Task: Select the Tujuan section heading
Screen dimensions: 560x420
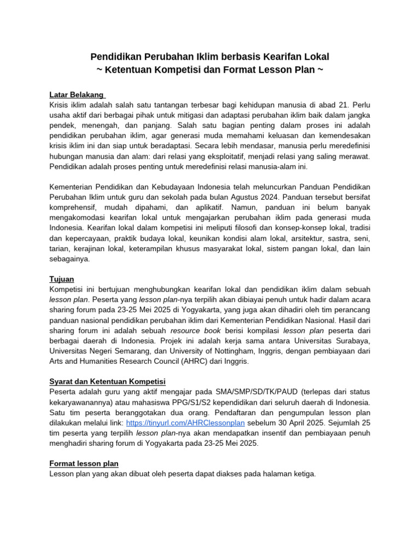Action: click(62, 279)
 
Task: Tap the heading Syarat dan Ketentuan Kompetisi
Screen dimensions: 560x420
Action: click(108, 381)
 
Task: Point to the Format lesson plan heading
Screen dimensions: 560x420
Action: click(84, 463)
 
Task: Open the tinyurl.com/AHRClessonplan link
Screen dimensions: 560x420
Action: click(185, 423)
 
